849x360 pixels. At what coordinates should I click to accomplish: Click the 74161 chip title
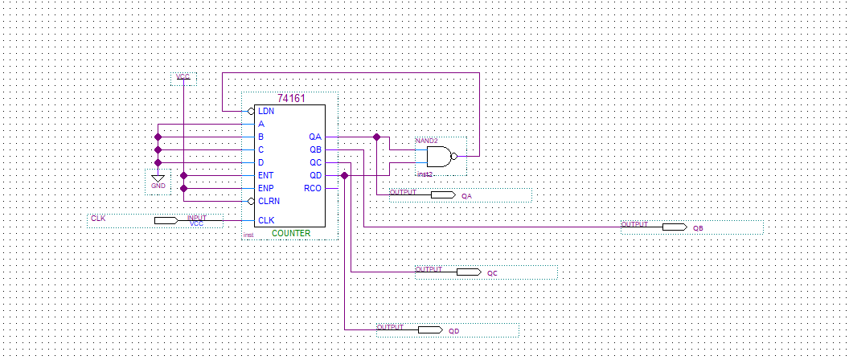[290, 98]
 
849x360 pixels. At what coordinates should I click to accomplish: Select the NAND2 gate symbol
[439, 156]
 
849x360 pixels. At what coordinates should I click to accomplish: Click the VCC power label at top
[183, 78]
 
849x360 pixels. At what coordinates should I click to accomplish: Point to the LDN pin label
[265, 111]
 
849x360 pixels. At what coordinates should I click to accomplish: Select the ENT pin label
[265, 175]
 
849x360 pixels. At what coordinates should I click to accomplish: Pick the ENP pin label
[265, 188]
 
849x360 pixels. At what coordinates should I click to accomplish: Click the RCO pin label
[313, 188]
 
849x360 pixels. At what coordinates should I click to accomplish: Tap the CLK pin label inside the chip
[265, 220]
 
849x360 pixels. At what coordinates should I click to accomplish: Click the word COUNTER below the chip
[290, 233]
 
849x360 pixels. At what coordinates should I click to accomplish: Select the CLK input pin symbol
[166, 220]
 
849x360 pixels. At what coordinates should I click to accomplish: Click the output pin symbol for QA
[443, 195]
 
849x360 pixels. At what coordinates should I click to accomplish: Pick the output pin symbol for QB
[675, 227]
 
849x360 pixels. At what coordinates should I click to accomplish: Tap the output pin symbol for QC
[469, 272]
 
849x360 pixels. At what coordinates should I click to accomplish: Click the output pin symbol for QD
[430, 330]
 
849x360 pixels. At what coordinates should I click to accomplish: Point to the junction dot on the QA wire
[376, 137]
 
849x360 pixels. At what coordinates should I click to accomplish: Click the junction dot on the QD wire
[344, 175]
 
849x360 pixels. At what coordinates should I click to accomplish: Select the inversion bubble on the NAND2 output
[454, 156]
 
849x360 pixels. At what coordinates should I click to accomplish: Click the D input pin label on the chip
[261, 162]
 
